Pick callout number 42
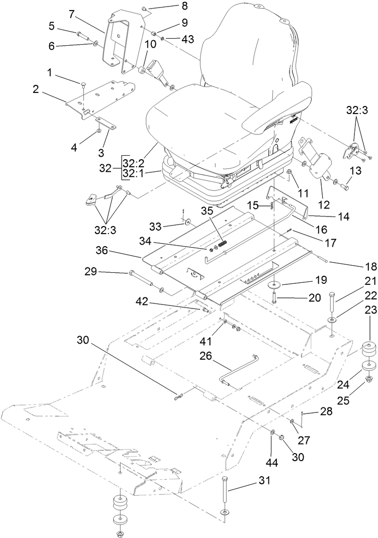pyautogui.click(x=141, y=301)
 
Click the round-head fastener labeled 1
pyautogui.click(x=83, y=83)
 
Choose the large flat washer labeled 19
pyautogui.click(x=274, y=285)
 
